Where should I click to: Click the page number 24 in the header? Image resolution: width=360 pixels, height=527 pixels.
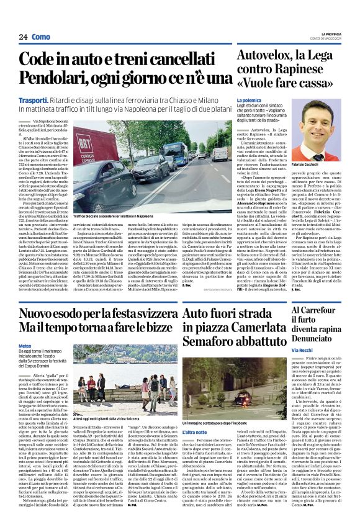tap(23, 37)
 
